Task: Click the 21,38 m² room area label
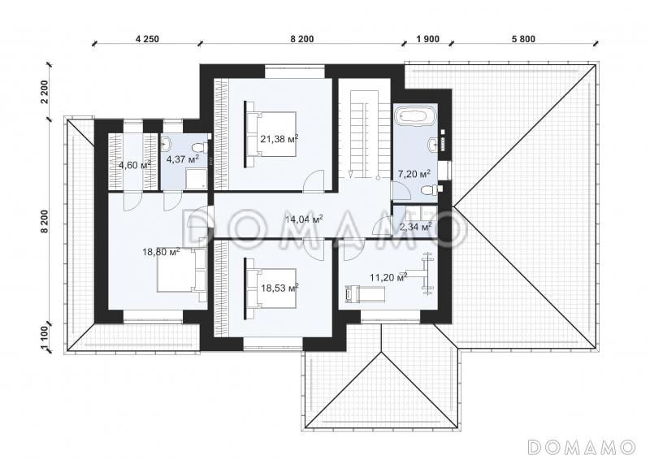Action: pos(279,139)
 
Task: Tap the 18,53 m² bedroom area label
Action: pos(279,288)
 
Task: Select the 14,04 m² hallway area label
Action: pos(304,219)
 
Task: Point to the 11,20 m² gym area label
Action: pos(388,277)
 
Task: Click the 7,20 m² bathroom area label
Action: pos(414,174)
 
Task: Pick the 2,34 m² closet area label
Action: pos(415,227)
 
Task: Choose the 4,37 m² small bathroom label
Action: pos(182,158)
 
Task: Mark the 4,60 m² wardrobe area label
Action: pos(135,166)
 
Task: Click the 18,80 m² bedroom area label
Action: pos(161,252)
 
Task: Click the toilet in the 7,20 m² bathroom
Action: pos(432,191)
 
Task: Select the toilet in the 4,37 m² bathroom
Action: pos(200,147)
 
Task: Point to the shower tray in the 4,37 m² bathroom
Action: pos(197,179)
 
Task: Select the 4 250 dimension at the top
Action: pos(147,39)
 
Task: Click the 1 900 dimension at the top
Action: pos(428,39)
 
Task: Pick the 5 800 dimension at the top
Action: pos(523,39)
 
